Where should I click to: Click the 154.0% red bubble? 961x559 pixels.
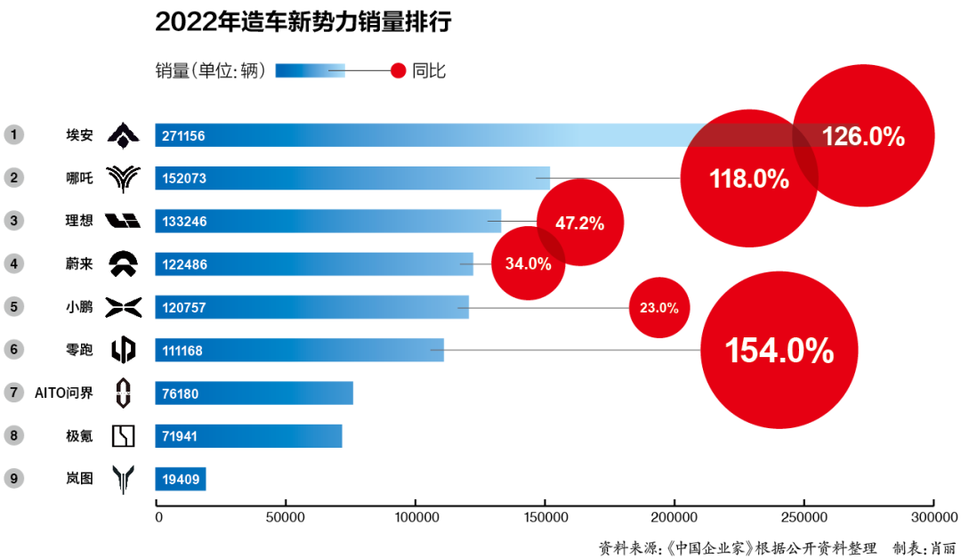click(x=779, y=350)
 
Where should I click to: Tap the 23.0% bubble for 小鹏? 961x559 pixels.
click(x=659, y=308)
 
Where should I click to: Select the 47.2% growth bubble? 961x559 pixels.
click(x=580, y=223)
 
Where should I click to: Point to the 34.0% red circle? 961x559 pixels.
click(x=529, y=263)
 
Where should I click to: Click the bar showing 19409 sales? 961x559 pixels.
click(x=181, y=479)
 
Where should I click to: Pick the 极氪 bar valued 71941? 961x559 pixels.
click(x=248, y=436)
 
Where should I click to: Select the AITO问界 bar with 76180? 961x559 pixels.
click(x=254, y=393)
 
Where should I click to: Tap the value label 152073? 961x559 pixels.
click(x=184, y=179)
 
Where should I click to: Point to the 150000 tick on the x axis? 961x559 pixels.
click(x=545, y=517)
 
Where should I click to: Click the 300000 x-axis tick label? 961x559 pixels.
click(x=933, y=517)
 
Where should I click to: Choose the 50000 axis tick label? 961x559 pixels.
click(x=285, y=517)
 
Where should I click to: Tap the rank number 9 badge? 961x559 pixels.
click(x=13, y=478)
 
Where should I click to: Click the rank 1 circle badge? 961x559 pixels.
click(x=13, y=135)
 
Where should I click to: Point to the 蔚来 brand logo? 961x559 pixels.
click(x=123, y=263)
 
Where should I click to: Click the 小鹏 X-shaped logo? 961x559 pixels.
click(x=123, y=307)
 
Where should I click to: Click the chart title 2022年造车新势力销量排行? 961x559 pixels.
click(x=303, y=22)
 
